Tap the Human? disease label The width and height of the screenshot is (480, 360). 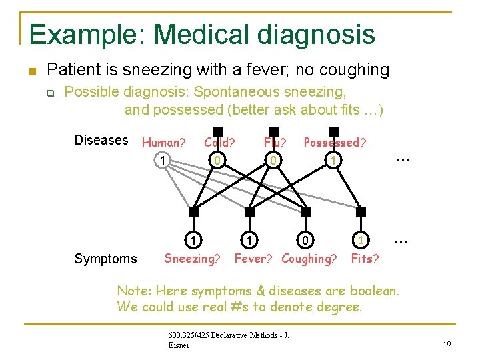coord(163,142)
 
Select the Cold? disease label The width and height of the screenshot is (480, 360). coord(219,142)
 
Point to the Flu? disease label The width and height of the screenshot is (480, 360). coord(275,142)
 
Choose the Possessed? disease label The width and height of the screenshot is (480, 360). coord(335,142)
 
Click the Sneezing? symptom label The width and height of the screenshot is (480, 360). coord(192,258)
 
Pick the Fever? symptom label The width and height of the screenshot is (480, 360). coord(253,258)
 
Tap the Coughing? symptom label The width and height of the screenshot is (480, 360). coord(309,258)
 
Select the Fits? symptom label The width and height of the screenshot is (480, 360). coord(365,258)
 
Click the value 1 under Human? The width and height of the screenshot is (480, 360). coord(161,161)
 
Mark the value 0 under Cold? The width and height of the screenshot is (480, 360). coord(215,161)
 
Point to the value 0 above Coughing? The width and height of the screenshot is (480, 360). coord(305,239)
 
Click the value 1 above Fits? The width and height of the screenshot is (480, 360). coord(360,239)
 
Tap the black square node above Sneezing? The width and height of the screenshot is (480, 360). coord(193,213)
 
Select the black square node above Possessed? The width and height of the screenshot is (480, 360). coord(333,132)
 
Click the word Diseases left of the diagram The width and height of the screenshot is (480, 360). coord(101,140)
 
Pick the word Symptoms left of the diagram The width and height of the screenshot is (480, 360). coord(106,259)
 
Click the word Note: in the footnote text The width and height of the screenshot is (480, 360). coord(134,291)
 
